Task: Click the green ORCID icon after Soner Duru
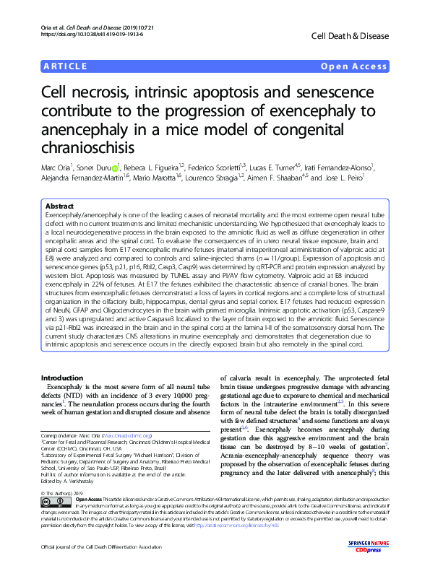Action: tap(115, 167)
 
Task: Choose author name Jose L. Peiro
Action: tap(345, 178)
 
